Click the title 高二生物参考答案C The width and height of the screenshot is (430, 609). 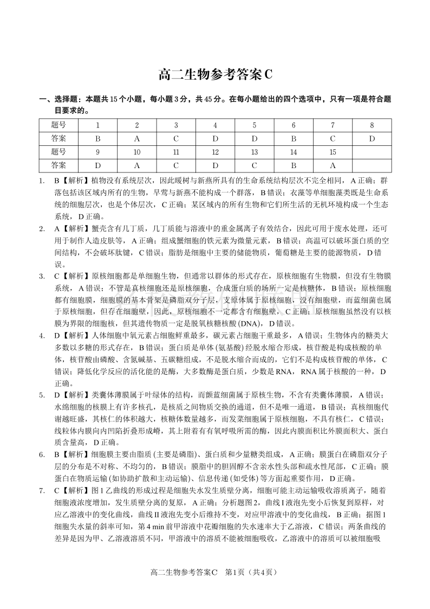coord(215,75)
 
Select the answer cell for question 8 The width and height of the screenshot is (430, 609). coord(372,138)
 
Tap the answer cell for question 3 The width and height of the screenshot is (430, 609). coord(176,138)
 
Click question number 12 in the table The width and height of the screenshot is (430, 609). coord(215,152)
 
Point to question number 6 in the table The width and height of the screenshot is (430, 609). coord(294,125)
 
